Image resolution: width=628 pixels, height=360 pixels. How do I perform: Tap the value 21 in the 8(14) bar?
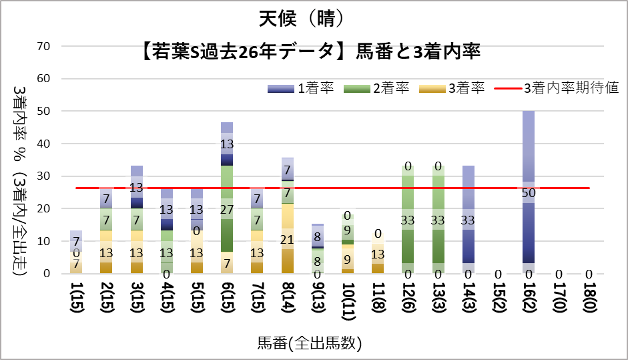pos(288,240)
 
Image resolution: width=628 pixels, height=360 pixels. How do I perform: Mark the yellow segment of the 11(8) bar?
pos(378,254)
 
